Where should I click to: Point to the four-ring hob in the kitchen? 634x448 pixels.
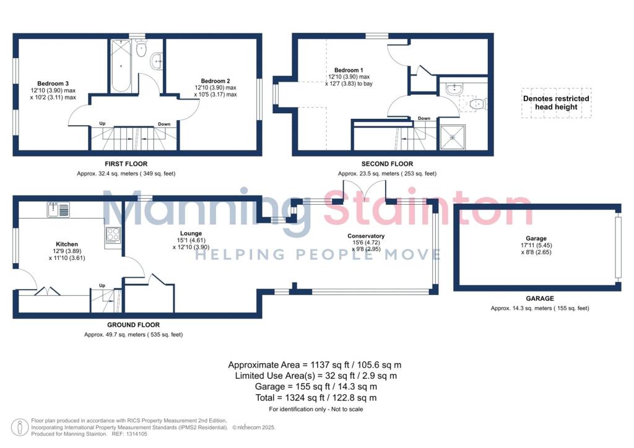[x=113, y=235]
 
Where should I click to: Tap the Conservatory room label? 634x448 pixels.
[x=366, y=236]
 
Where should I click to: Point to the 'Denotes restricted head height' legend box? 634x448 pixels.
[x=556, y=103]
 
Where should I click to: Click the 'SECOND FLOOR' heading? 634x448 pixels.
[x=387, y=164]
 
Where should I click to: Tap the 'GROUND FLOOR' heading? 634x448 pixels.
[x=133, y=325]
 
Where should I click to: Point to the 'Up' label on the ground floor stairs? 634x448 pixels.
[x=102, y=285]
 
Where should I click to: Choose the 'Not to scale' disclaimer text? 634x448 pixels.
[x=344, y=409]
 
